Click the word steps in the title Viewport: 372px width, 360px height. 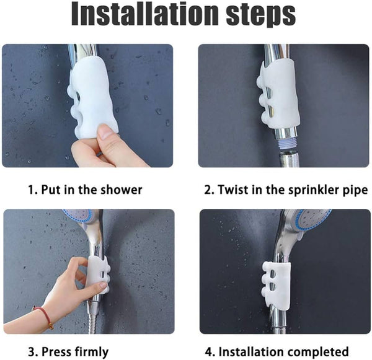[x=261, y=15]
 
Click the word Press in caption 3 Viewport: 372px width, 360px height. [x=56, y=352]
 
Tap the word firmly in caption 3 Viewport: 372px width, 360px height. [x=92, y=352]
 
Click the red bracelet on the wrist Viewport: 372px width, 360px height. [x=44, y=315]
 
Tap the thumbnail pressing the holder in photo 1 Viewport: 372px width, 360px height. [x=104, y=131]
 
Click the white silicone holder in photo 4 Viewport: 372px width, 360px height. [x=277, y=284]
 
